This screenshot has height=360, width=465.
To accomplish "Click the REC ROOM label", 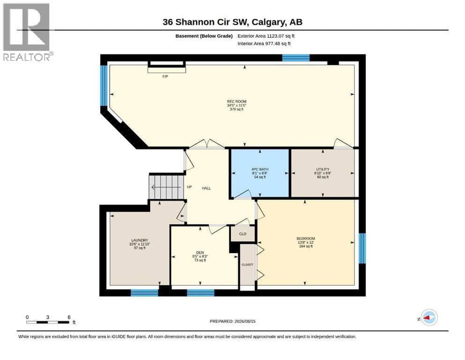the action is pyautogui.click(x=236, y=102).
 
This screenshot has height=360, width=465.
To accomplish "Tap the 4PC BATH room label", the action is pyautogui.click(x=260, y=169).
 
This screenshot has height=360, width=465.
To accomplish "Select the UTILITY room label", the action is pyautogui.click(x=323, y=169).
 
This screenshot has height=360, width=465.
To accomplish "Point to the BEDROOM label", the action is pyautogui.click(x=306, y=239).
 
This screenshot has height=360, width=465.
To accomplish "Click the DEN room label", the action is pyautogui.click(x=200, y=253).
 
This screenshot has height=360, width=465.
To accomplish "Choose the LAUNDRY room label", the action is pyautogui.click(x=140, y=240).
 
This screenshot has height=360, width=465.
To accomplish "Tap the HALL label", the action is pyautogui.click(x=207, y=188).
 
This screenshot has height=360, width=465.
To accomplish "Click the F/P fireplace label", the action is pyautogui.click(x=165, y=76).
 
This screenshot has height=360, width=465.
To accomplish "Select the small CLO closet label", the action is pyautogui.click(x=243, y=234).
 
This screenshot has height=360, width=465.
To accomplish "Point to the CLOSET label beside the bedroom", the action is pyautogui.click(x=247, y=265).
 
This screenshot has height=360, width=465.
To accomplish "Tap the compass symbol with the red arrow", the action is pyautogui.click(x=429, y=317).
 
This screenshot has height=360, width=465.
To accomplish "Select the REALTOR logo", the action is pyautogui.click(x=27, y=32).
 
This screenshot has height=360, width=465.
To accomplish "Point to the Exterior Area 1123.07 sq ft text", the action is pyautogui.click(x=266, y=36).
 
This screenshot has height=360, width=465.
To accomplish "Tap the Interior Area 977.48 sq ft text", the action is pyautogui.click(x=264, y=44).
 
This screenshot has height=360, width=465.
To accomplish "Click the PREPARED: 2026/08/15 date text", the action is pyautogui.click(x=232, y=322).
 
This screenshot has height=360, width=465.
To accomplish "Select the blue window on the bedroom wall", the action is pyautogui.click(x=362, y=248).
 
